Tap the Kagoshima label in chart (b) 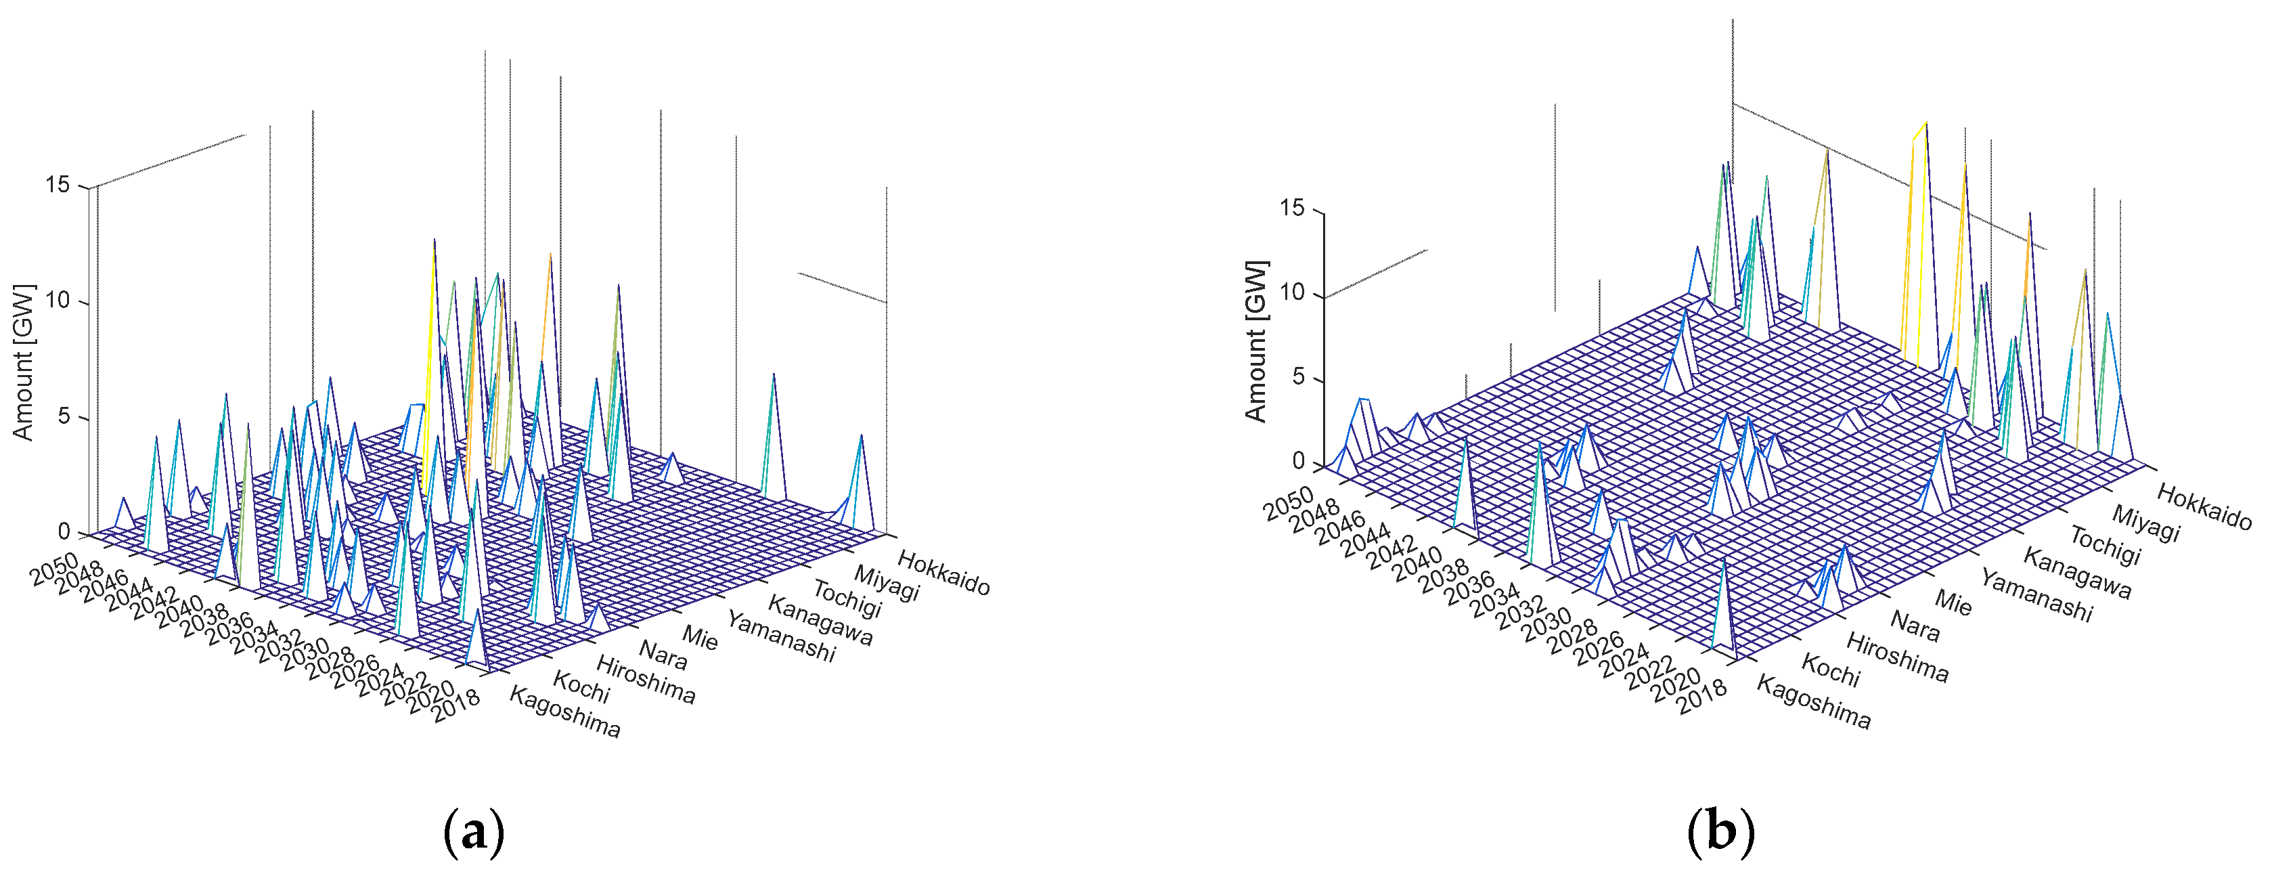pos(1813,703)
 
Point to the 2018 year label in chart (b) pos(1701,697)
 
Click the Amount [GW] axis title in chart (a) pos(24,362)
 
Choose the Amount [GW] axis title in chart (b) pos(1256,341)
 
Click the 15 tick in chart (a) pos(58,185)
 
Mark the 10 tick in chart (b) pos(1292,293)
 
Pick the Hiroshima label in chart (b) pos(1897,658)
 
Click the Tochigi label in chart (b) pos(2106,545)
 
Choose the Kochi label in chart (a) pos(581,687)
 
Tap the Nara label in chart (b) pos(1915,626)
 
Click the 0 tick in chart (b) pos(1297,461)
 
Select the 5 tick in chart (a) pos(64,416)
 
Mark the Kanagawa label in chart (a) pos(820,620)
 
